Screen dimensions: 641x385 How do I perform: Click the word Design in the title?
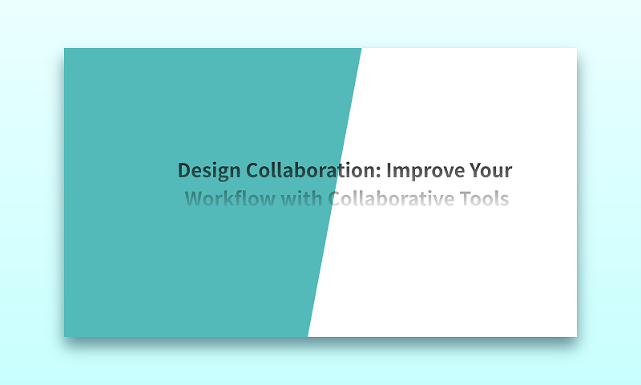209,171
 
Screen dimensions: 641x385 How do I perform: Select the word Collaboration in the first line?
313,170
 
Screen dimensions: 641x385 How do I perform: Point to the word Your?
490,170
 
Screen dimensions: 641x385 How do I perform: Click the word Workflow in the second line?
230,198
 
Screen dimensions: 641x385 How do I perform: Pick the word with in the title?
302,198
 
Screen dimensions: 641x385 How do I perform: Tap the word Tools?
485,198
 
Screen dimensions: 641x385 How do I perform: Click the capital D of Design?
184,170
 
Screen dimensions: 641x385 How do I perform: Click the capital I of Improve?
389,170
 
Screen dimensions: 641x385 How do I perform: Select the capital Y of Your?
476,170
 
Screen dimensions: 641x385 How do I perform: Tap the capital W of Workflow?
195,199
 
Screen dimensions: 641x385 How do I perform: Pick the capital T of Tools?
466,199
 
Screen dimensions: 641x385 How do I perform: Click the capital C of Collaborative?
334,199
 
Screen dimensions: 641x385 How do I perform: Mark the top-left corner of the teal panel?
64,48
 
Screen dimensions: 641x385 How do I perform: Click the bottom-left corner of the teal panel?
64,337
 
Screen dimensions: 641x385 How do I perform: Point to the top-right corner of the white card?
577,48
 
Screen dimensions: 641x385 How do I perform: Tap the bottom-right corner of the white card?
577,337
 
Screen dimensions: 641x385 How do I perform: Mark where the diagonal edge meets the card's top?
361,48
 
